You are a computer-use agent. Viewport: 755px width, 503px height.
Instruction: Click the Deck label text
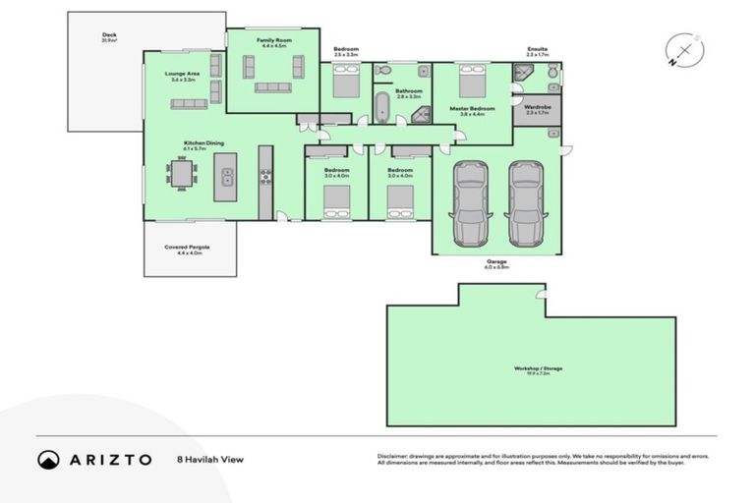pos(109,36)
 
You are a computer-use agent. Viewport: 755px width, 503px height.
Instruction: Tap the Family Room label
pos(272,40)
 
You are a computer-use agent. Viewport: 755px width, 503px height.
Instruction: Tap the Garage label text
pos(496,262)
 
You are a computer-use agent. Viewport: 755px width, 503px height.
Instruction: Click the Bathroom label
pos(408,91)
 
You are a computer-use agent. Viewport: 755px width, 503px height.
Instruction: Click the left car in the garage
pos(469,203)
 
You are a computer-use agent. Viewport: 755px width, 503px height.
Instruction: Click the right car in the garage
pos(527,203)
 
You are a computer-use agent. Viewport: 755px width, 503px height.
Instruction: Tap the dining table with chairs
pos(183,173)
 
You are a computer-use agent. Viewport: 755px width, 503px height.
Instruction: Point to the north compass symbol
pos(682,51)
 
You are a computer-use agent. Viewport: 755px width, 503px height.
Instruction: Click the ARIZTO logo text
pos(109,459)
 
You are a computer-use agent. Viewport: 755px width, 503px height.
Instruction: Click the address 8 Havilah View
pos(209,459)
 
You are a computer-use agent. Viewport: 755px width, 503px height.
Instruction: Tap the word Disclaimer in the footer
pos(394,456)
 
